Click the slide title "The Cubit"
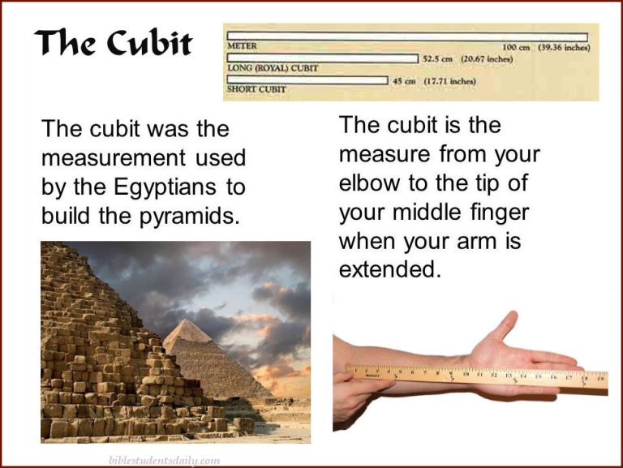click(x=113, y=44)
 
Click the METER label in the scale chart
click(x=243, y=47)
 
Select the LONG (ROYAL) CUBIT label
click(x=273, y=68)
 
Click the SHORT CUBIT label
click(x=256, y=89)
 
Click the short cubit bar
click(x=307, y=79)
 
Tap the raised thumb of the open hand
click(x=507, y=324)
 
